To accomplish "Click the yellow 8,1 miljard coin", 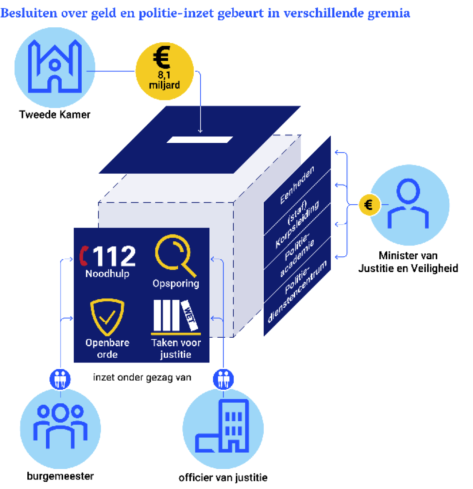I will pyautogui.click(x=164, y=71).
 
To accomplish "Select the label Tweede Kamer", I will pyautogui.click(x=55, y=115).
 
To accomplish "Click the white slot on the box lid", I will pyautogui.click(x=200, y=140).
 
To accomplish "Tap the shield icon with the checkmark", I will pyautogui.click(x=107, y=317).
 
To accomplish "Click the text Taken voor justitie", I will pyautogui.click(x=176, y=348).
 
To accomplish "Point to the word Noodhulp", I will pyautogui.click(x=107, y=273).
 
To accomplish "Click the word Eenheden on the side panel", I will pyautogui.click(x=297, y=185).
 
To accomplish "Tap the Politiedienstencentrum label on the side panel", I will pyautogui.click(x=297, y=292).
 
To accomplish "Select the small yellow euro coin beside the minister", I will pyautogui.click(x=369, y=205).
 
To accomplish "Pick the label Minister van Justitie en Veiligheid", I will pyautogui.click(x=408, y=262).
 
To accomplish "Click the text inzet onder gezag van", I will pyautogui.click(x=142, y=377).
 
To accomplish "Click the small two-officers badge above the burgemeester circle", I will pyautogui.click(x=60, y=379).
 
